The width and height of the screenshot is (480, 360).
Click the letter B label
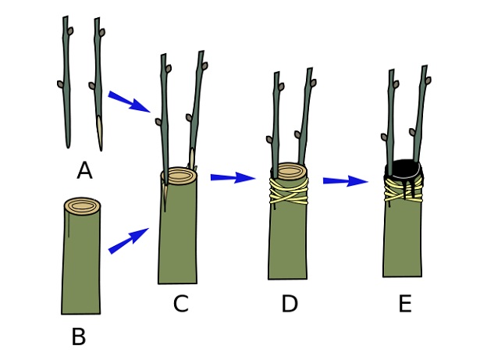click(x=78, y=337)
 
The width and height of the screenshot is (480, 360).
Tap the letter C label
click(x=180, y=303)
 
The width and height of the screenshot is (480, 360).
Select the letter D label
click(x=290, y=303)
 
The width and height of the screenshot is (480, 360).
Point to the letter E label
click(x=404, y=303)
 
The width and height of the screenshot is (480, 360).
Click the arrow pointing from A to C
click(x=126, y=102)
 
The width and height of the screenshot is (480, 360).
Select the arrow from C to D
click(x=232, y=178)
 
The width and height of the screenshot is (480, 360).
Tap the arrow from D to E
click(x=345, y=180)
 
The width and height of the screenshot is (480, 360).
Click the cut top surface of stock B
click(x=83, y=206)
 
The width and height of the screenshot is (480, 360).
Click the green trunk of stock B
click(x=81, y=266)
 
